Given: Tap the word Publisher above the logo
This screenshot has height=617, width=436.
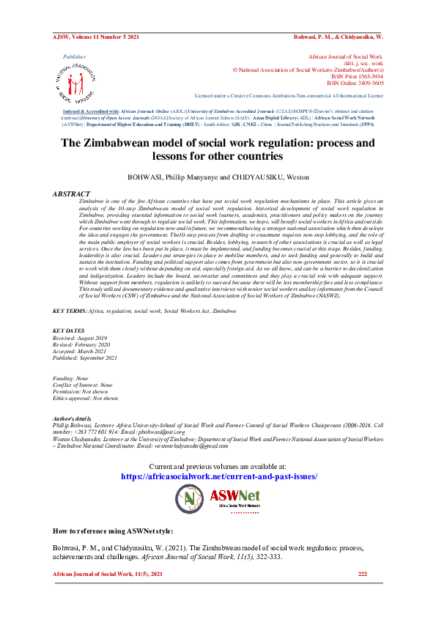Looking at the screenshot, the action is coord(74,56).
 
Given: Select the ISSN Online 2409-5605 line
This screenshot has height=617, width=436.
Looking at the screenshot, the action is coord(353,83).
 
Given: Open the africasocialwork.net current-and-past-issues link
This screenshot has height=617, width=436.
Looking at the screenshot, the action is coord(218,476).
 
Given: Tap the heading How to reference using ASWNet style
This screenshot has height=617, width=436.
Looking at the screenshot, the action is coord(124,529).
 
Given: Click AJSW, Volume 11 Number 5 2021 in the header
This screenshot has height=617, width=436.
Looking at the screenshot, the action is coord(95,35).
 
